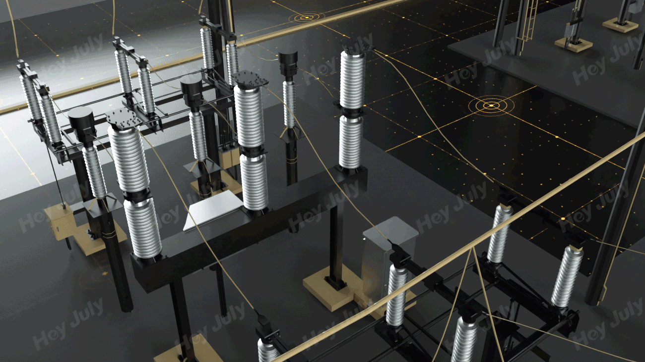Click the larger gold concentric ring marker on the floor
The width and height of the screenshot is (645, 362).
tap(491, 105)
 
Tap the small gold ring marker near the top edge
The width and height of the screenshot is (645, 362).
tap(307, 17)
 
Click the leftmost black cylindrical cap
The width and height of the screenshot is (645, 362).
tap(81, 121)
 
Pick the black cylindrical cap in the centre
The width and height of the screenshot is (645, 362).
tap(192, 90)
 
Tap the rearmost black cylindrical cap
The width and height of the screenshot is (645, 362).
tap(288, 62)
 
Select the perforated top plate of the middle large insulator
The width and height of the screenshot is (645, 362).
tap(250, 79)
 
